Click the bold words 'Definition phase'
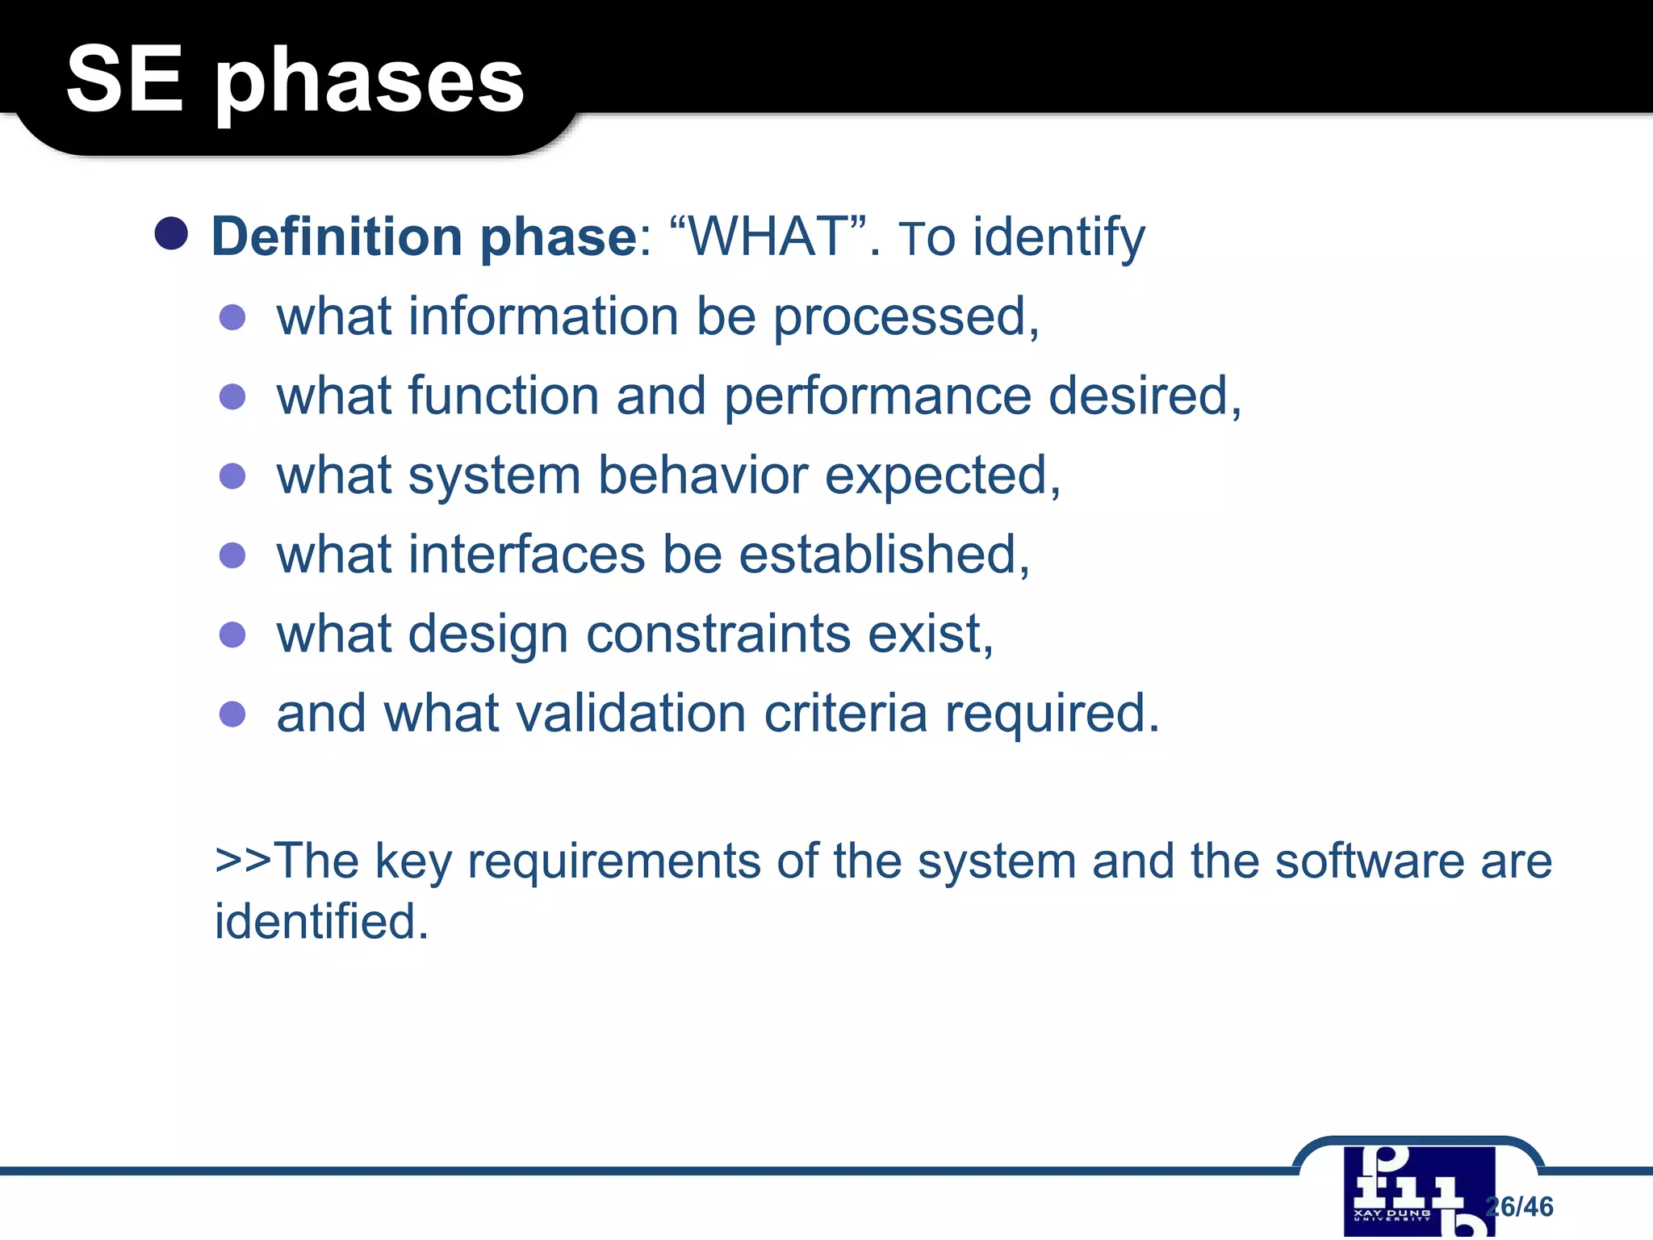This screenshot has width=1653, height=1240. tap(425, 237)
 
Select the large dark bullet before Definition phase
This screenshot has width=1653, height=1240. tap(171, 234)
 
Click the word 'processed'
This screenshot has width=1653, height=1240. tap(900, 316)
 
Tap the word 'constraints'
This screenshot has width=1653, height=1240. tap(718, 634)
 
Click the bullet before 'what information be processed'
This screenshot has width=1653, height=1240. tap(232, 317)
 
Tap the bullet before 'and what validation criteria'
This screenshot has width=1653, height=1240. tap(232, 714)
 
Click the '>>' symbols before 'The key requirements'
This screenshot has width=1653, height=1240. tap(243, 861)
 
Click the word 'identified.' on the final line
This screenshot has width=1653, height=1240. tap(321, 921)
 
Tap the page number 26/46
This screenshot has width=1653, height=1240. tap(1521, 1206)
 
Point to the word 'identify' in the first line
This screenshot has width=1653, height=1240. tap(1058, 238)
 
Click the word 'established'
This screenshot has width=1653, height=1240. tap(884, 555)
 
